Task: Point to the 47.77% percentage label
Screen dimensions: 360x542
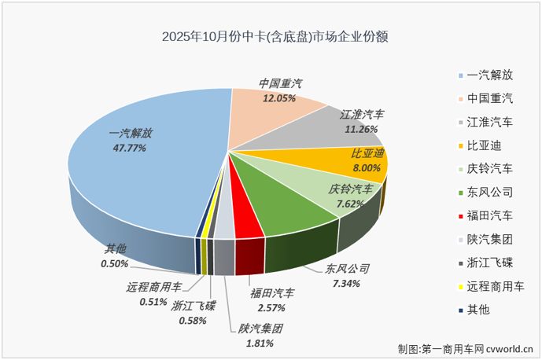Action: (x=127, y=146)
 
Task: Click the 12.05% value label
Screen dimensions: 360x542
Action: (x=279, y=98)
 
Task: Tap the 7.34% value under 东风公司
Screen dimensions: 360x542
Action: (x=347, y=282)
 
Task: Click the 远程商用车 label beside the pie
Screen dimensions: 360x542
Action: (x=154, y=287)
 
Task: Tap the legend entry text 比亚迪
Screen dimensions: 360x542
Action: (x=484, y=145)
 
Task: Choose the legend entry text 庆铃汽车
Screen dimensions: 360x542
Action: (x=489, y=169)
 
